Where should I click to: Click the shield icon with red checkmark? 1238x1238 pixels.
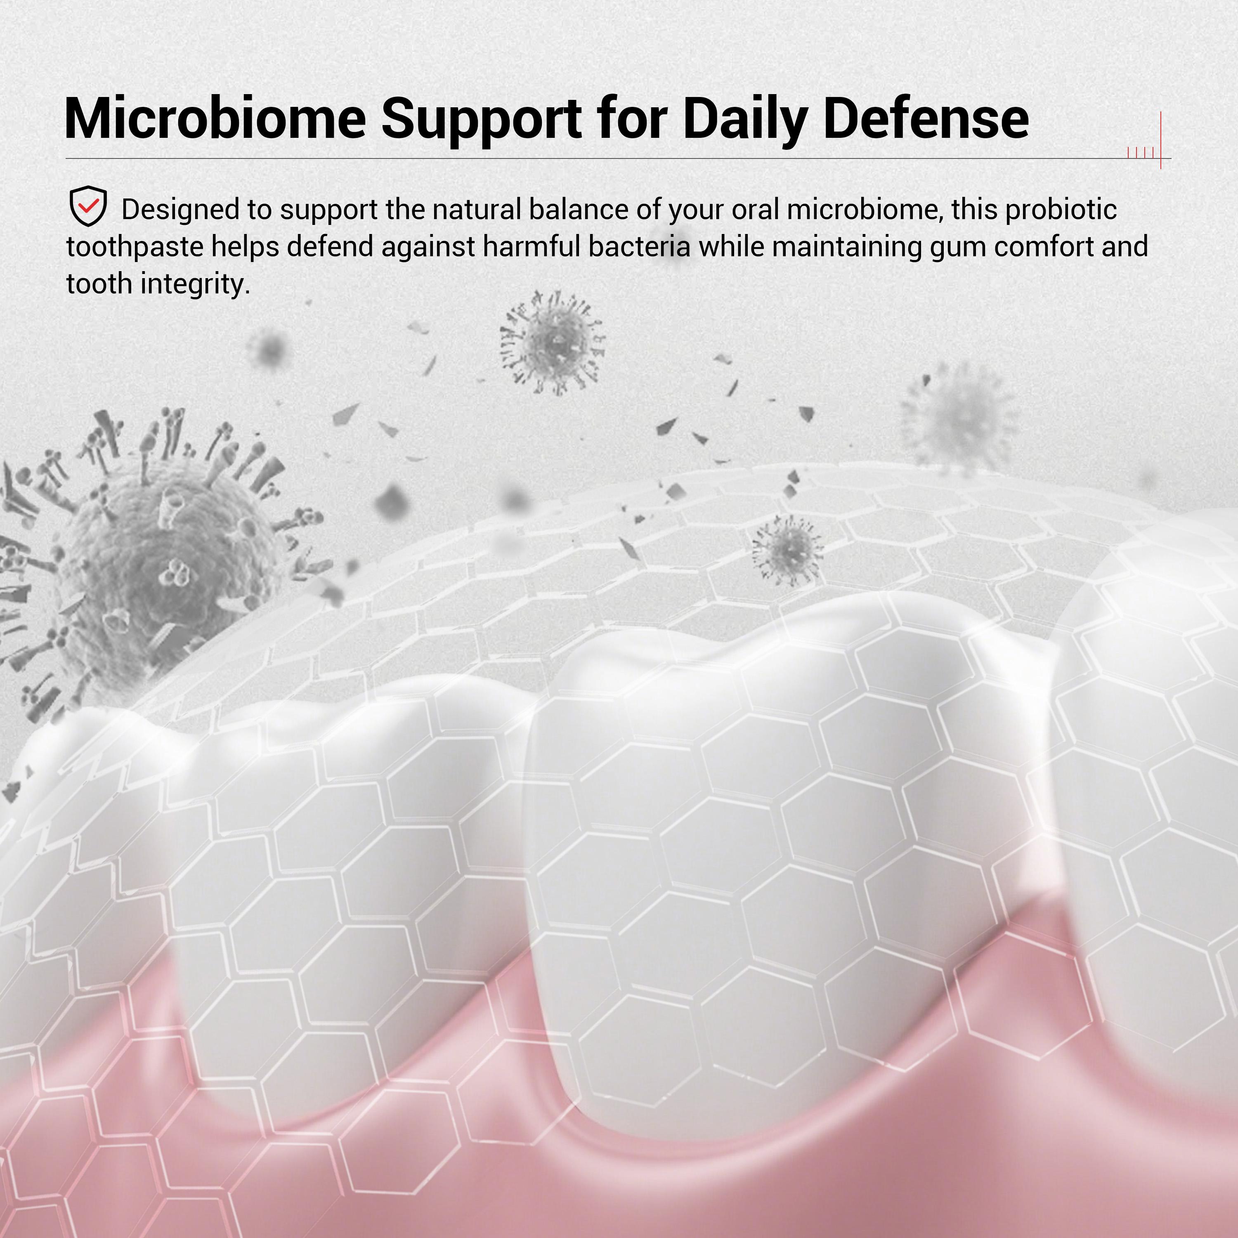(88, 206)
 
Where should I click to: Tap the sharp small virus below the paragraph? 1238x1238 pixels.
(553, 343)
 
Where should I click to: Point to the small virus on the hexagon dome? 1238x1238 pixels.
(787, 550)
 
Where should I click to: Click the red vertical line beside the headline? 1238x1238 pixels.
(1160, 140)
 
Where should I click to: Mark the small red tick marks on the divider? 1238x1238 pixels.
(1141, 153)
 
